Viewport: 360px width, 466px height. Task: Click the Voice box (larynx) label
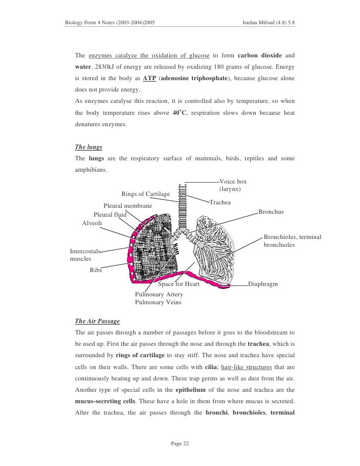[x=232, y=186]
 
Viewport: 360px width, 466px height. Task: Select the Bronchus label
[x=271, y=212]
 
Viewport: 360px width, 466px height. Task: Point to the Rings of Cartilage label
[x=145, y=193]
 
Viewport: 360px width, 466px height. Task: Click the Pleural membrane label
[x=128, y=206]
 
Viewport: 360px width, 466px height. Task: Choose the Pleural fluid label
[x=110, y=215]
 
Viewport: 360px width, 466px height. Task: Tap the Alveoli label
[x=92, y=223]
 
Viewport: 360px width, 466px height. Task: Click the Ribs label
[x=96, y=270]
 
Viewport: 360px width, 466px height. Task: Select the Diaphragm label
[x=263, y=284]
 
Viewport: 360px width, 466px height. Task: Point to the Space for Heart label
[x=179, y=284]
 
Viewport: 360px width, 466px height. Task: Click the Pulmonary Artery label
[x=159, y=294]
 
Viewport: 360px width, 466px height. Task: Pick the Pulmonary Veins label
[x=158, y=302]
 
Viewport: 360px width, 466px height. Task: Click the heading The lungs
[x=85, y=147]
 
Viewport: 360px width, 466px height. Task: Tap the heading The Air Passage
[x=97, y=321]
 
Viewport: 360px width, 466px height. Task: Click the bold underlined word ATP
[x=149, y=78]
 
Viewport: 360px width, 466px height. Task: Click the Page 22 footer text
[x=180, y=443]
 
